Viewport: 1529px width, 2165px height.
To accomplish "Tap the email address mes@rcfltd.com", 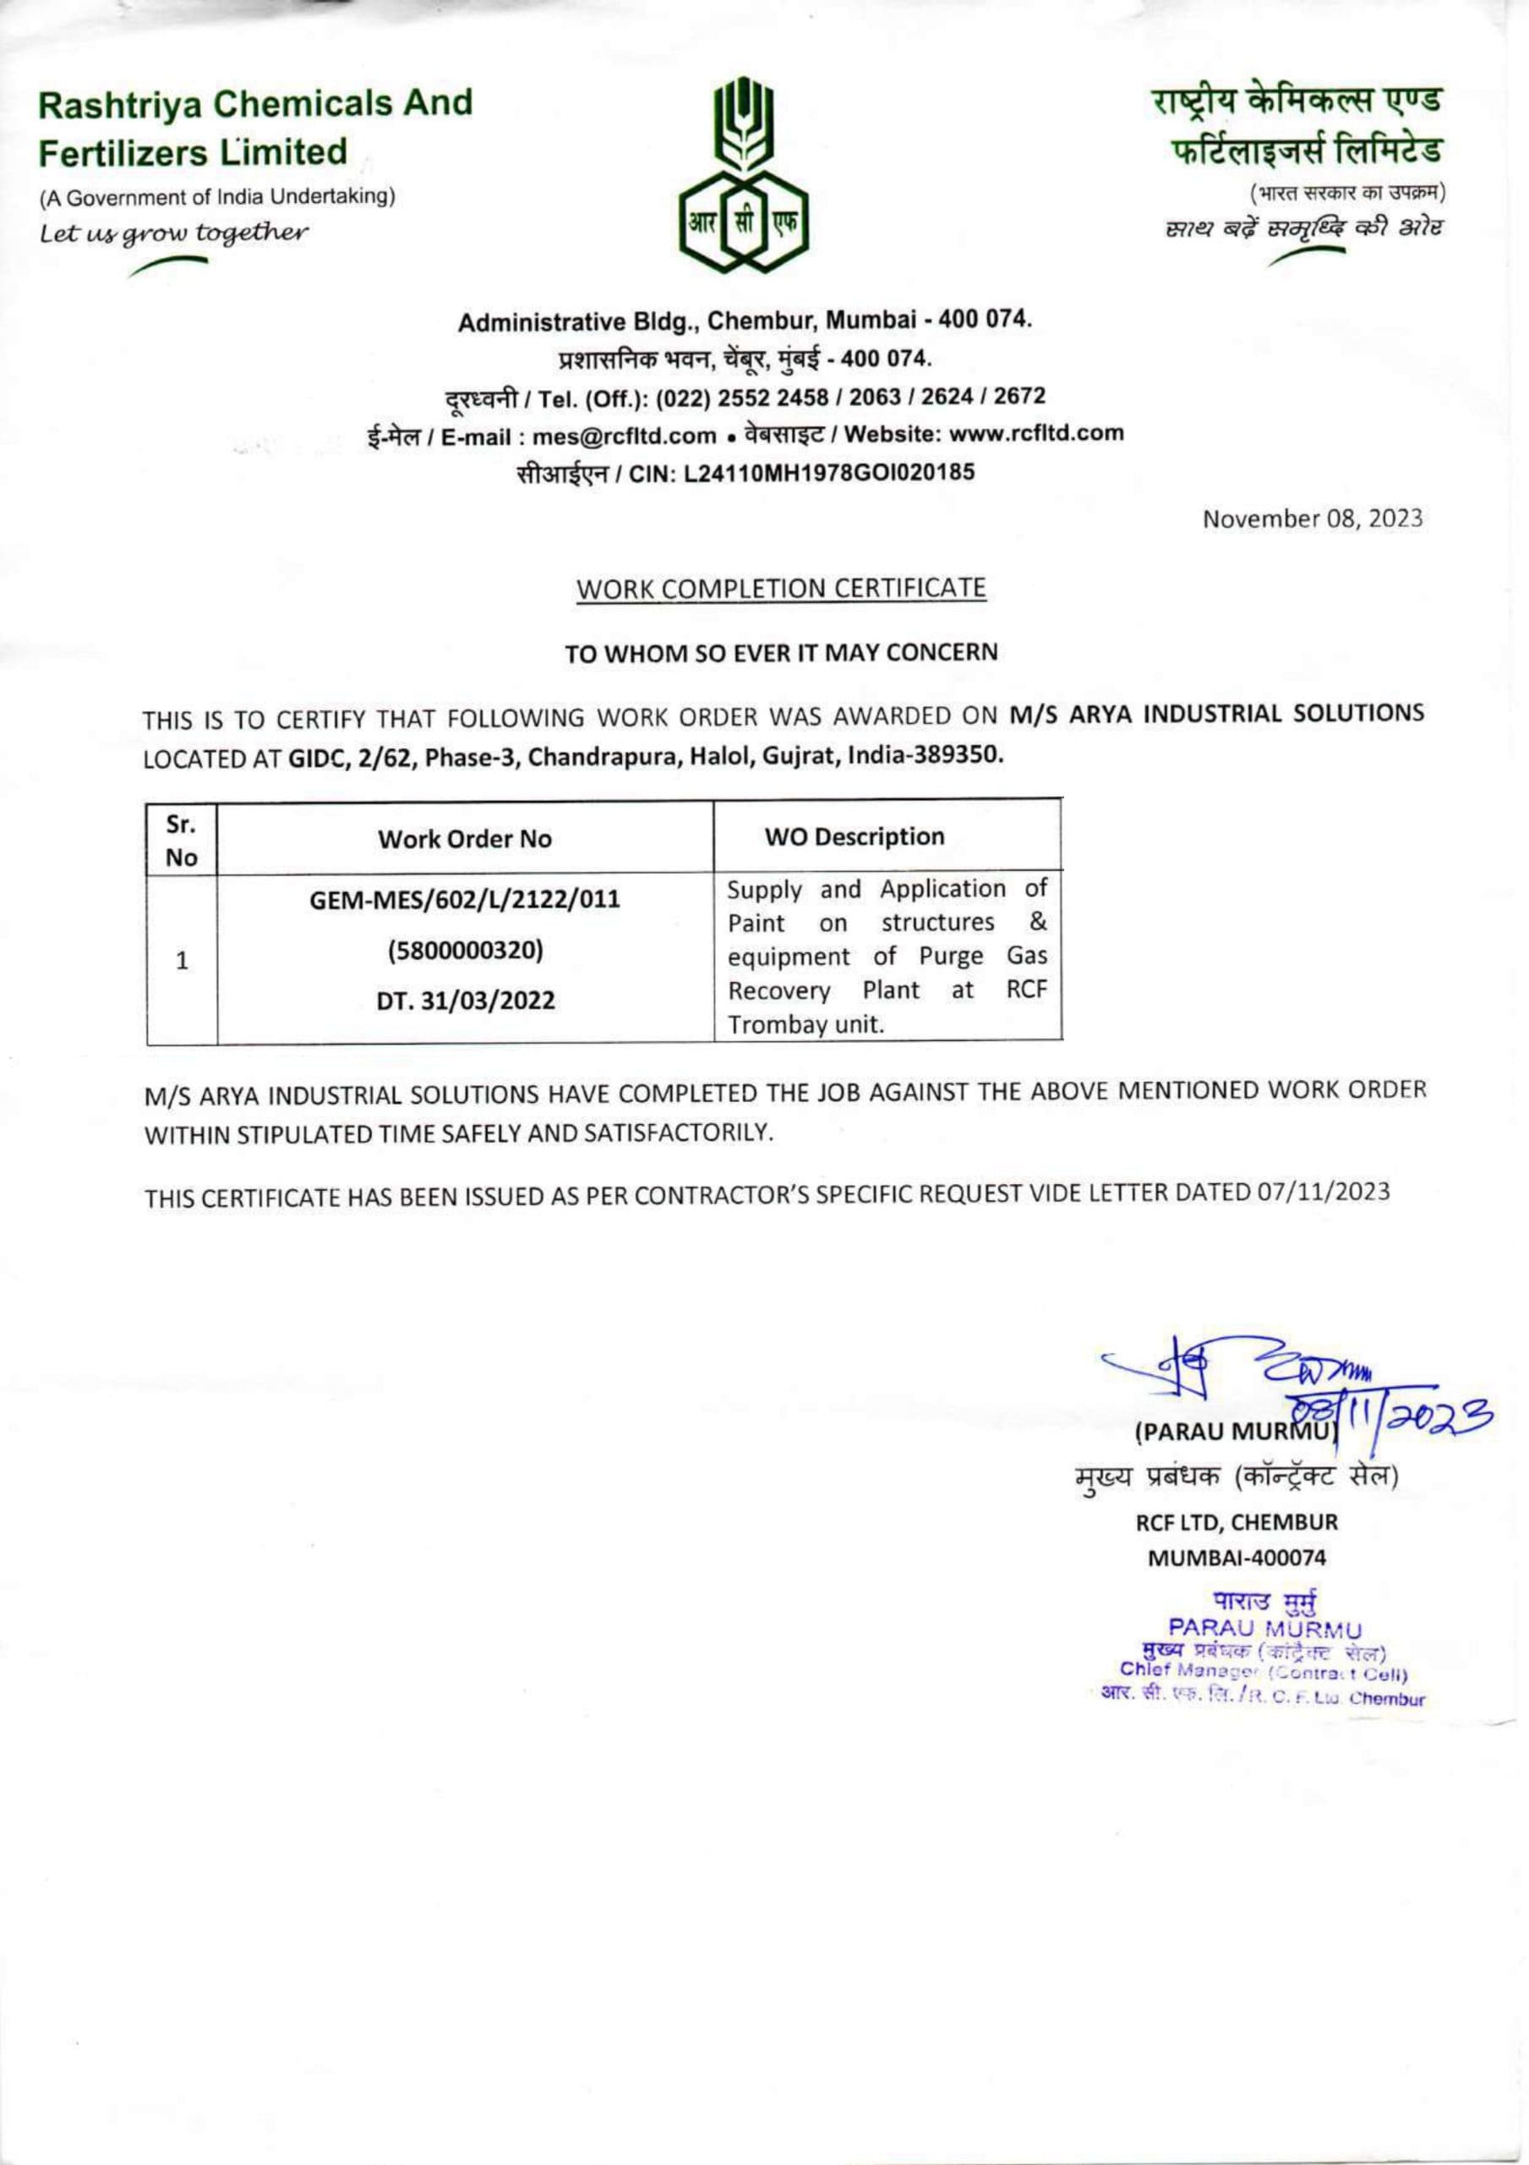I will coord(624,435).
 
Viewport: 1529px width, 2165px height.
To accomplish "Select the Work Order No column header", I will coord(465,838).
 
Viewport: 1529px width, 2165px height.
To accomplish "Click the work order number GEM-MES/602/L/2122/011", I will coord(466,900).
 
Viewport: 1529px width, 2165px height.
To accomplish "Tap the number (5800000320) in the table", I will coord(466,951).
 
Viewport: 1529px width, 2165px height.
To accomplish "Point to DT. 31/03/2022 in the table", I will coord(466,1000).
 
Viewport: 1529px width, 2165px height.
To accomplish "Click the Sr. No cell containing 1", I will coord(182,961).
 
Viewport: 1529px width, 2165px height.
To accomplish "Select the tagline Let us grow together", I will coord(172,231).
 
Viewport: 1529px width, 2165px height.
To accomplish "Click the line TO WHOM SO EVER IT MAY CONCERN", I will coord(780,653).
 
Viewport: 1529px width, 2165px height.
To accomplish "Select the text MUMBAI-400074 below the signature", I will coord(1236,1558).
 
